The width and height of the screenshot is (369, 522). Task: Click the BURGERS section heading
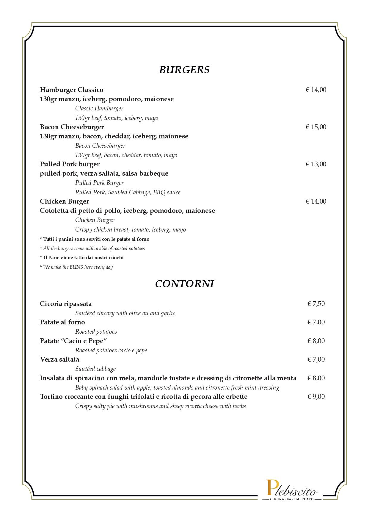pyautogui.click(x=184, y=70)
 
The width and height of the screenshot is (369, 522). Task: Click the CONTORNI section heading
pyautogui.click(x=184, y=284)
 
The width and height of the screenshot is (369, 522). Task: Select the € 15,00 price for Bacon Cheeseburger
pyautogui.click(x=316, y=127)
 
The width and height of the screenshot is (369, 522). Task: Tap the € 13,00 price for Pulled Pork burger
pyautogui.click(x=316, y=164)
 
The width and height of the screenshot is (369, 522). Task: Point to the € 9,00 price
pyautogui.click(x=316, y=396)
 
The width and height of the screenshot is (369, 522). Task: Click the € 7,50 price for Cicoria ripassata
pyautogui.click(x=316, y=304)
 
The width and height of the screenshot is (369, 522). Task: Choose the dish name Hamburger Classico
pyautogui.click(x=72, y=90)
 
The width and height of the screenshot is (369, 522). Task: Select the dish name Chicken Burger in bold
pyautogui.click(x=65, y=201)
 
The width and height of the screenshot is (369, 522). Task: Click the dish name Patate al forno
pyautogui.click(x=62, y=322)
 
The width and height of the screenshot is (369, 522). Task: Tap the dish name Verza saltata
pyautogui.click(x=59, y=360)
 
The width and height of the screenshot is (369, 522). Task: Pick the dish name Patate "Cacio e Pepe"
pyautogui.click(x=73, y=341)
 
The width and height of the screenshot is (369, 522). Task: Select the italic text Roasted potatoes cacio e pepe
pyautogui.click(x=111, y=351)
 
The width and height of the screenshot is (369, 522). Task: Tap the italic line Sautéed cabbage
pyautogui.click(x=95, y=369)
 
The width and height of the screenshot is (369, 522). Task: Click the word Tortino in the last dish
pyautogui.click(x=51, y=397)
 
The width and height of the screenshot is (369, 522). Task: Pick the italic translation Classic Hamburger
pyautogui.click(x=99, y=109)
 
